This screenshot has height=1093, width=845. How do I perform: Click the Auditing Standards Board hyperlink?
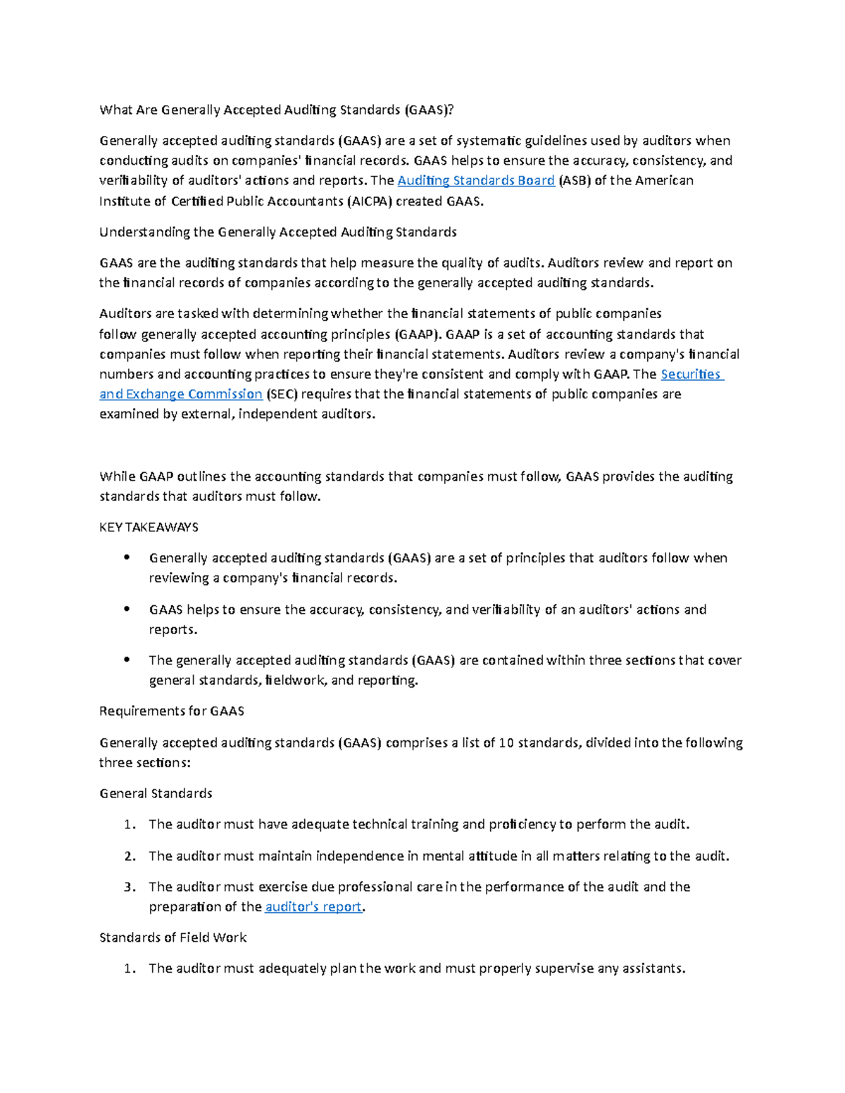[476, 181]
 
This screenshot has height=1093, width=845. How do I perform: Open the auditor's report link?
[313, 907]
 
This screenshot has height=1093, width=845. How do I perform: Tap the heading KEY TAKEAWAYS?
[149, 527]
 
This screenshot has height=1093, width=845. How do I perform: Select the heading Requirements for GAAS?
[172, 711]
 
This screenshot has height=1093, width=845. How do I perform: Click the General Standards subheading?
[156, 793]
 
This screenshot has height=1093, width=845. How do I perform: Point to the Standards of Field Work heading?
[173, 937]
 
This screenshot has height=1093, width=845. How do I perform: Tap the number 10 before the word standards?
[506, 743]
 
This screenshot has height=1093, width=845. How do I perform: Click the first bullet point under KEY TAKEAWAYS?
[127, 557]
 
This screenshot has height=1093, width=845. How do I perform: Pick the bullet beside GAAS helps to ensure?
[127, 609]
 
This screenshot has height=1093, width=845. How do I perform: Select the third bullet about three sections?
[127, 660]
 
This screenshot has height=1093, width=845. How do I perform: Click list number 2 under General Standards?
[129, 856]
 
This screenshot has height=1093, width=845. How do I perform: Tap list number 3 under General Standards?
[129, 887]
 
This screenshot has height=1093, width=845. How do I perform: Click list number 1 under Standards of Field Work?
[129, 968]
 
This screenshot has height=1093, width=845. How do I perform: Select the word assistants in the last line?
[651, 968]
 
